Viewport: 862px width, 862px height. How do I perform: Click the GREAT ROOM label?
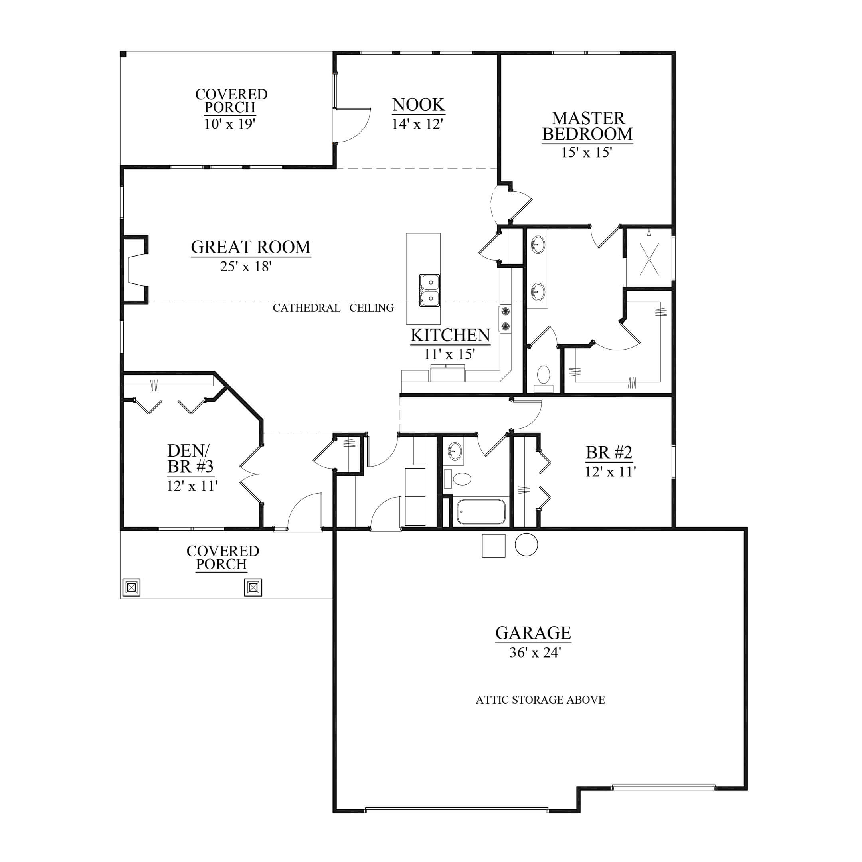pyautogui.click(x=251, y=247)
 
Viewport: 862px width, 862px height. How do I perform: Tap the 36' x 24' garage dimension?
pyautogui.click(x=534, y=653)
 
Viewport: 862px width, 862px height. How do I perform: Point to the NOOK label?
pyautogui.click(x=418, y=105)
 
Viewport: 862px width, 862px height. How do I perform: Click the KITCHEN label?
pyautogui.click(x=450, y=336)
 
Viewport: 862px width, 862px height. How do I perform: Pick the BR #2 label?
pyautogui.click(x=609, y=453)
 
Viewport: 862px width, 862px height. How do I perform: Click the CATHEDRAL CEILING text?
pyautogui.click(x=333, y=308)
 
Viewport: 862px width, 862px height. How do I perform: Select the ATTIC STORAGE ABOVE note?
pyautogui.click(x=540, y=700)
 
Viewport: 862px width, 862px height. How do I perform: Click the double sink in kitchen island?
pyautogui.click(x=429, y=291)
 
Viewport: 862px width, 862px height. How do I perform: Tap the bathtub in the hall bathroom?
pyautogui.click(x=481, y=512)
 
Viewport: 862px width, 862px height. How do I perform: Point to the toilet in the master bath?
pyautogui.click(x=544, y=378)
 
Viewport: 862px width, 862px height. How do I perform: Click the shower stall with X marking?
pyautogui.click(x=649, y=258)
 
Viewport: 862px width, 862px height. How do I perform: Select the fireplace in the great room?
pyautogui.click(x=135, y=270)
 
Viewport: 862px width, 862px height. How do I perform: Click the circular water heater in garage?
pyautogui.click(x=526, y=544)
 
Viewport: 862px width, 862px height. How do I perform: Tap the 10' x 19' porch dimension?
pyautogui.click(x=229, y=124)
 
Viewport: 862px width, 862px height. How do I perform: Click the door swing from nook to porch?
pyautogui.click(x=352, y=125)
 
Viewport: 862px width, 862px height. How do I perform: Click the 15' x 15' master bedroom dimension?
pyautogui.click(x=587, y=152)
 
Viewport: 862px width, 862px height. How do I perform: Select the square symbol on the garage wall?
pyautogui.click(x=494, y=546)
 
